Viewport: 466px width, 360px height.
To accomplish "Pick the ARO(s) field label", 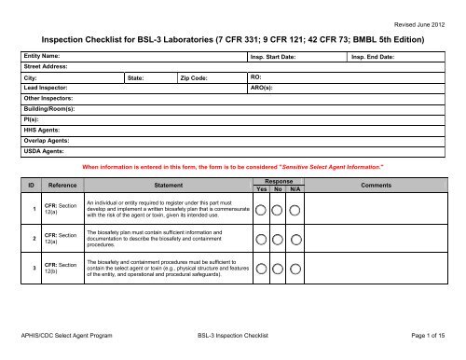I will click(x=263, y=89).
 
